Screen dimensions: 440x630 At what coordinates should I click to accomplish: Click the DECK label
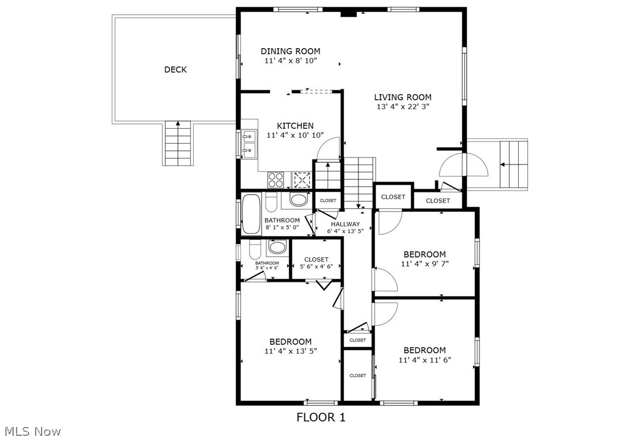click(x=175, y=69)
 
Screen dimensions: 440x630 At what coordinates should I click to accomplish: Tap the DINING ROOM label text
click(x=290, y=51)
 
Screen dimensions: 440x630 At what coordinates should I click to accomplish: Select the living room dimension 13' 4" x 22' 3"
click(x=402, y=107)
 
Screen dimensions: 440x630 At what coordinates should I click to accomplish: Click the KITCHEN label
click(x=295, y=126)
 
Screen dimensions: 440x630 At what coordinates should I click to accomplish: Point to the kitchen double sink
click(x=248, y=144)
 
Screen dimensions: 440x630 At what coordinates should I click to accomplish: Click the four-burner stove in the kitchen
click(x=276, y=179)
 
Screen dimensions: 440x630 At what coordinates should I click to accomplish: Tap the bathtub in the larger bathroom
click(x=249, y=214)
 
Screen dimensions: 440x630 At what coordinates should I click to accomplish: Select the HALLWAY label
click(x=345, y=224)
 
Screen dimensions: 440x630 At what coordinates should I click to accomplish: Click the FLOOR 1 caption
click(x=320, y=417)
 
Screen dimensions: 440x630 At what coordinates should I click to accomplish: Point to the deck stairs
click(x=178, y=143)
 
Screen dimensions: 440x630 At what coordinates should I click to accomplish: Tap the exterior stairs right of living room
click(x=514, y=164)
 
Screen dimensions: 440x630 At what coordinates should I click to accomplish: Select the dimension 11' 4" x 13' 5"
click(x=291, y=351)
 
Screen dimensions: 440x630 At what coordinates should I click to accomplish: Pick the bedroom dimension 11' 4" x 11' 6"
click(x=424, y=360)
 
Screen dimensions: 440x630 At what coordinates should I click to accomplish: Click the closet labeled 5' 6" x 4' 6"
click(x=316, y=263)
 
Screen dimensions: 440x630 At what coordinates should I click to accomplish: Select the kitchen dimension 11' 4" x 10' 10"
click(x=295, y=135)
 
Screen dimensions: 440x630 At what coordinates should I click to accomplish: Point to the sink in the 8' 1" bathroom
click(x=298, y=200)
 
